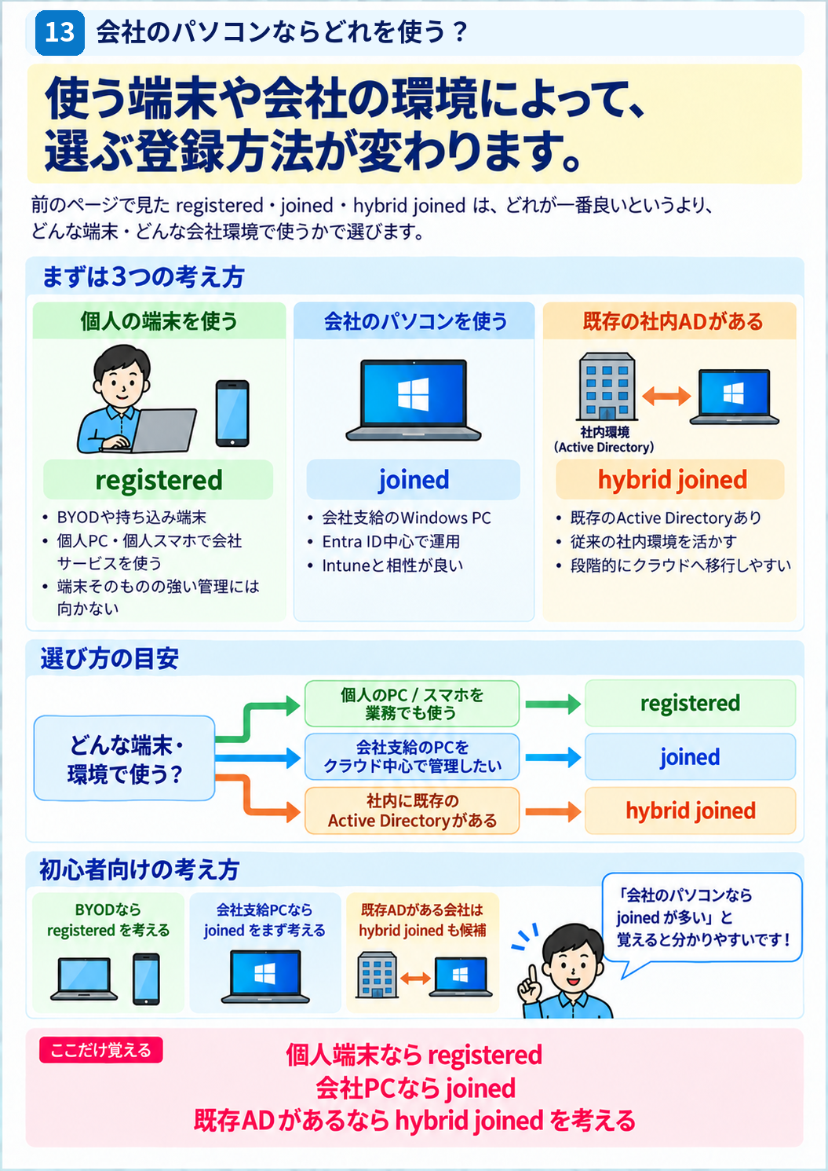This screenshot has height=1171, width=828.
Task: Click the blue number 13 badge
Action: tap(60, 32)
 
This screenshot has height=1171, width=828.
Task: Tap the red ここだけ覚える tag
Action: tap(100, 1050)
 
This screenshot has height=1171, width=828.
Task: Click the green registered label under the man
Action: tap(159, 480)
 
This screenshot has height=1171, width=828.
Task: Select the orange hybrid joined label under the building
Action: tap(670, 480)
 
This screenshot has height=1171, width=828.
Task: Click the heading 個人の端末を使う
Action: tap(159, 321)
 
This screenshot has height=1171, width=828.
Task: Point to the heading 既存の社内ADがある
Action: tap(673, 321)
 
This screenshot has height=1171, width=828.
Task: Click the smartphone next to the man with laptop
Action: tap(232, 413)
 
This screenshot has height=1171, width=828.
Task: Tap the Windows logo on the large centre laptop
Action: tap(414, 394)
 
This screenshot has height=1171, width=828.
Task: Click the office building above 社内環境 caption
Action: tap(607, 386)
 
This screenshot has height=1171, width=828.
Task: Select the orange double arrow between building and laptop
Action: tap(666, 396)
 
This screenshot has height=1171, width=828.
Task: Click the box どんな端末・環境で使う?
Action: tap(124, 758)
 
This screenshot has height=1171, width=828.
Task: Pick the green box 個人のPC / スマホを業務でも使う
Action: tap(412, 704)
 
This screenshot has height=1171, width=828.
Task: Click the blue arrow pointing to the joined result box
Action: tap(553, 757)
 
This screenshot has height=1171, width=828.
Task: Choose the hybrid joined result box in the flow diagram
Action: tap(690, 811)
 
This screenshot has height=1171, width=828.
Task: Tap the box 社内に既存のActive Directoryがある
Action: tap(412, 811)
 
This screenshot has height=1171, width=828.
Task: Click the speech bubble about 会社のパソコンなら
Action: tap(702, 919)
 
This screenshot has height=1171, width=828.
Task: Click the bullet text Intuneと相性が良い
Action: tap(392, 565)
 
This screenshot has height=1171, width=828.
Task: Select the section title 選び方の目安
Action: tap(110, 658)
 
